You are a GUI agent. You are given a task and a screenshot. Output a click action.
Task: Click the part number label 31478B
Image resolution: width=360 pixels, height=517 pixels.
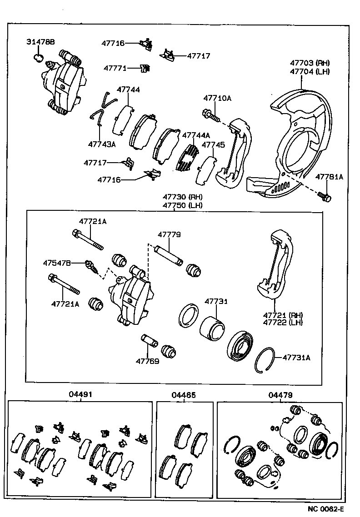pos(40,42)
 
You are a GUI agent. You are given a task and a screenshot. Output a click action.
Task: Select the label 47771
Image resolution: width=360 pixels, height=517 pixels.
pos(115,68)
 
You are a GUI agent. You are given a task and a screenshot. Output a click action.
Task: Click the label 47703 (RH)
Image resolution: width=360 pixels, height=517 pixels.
pos(310,63)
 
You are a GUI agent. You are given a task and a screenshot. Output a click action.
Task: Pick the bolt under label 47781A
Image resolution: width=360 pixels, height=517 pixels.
pos(325,196)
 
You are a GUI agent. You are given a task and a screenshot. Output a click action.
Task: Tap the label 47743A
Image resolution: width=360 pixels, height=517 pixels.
pos(102,144)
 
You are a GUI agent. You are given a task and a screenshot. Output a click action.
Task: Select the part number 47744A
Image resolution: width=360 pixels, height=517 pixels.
pos(196,135)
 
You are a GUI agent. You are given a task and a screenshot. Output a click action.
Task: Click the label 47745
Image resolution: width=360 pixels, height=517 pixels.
pos(213,145)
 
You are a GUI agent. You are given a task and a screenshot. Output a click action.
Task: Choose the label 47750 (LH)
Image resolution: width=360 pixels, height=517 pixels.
pos(183,205)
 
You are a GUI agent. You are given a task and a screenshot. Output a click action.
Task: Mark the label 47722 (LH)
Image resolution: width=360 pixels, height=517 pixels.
pos(283,322)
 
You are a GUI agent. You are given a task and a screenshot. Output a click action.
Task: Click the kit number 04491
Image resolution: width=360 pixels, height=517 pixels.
pos(80,395)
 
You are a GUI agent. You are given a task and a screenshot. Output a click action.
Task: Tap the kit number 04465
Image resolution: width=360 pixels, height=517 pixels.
pos(184,395)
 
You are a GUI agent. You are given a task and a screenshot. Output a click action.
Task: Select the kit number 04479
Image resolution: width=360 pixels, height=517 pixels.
pos(280,395)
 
